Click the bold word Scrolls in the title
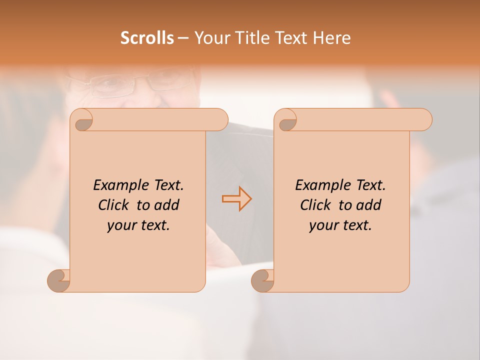[147, 38]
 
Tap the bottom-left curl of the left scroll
[58, 280]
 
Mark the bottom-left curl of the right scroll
[262, 280]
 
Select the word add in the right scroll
[369, 205]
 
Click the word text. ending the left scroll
[153, 226]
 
